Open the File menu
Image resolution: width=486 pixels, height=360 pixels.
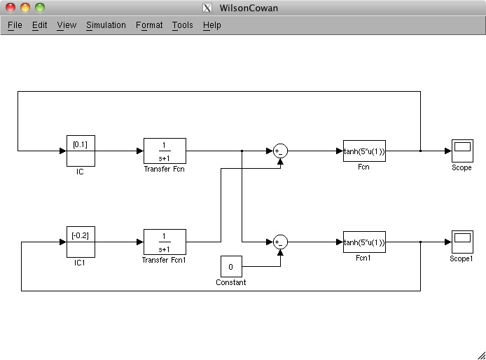click(15, 25)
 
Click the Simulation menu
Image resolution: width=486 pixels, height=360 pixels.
click(106, 25)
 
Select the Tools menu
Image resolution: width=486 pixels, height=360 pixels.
click(182, 25)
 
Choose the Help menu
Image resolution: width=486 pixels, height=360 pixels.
click(211, 25)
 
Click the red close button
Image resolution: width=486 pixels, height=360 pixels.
click(11, 8)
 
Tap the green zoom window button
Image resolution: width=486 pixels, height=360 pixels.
click(39, 8)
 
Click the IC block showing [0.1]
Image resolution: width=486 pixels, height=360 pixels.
click(81, 151)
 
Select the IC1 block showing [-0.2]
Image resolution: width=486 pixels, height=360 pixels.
click(81, 242)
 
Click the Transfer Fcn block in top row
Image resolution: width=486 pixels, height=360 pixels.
click(165, 151)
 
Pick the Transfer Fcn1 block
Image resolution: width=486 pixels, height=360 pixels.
click(165, 242)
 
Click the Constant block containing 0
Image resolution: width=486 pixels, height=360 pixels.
click(231, 267)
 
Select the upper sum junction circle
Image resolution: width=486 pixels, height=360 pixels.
click(280, 151)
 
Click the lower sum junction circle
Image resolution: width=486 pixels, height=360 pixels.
click(280, 242)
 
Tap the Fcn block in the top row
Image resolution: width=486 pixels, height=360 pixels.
click(364, 151)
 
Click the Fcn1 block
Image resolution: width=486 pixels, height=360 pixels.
click(364, 242)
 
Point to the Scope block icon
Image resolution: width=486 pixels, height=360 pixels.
click(462, 151)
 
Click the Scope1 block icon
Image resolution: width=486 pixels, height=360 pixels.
click(462, 242)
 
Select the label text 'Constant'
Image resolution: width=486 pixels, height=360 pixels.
click(231, 283)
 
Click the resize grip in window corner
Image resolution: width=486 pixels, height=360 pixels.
click(480, 354)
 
